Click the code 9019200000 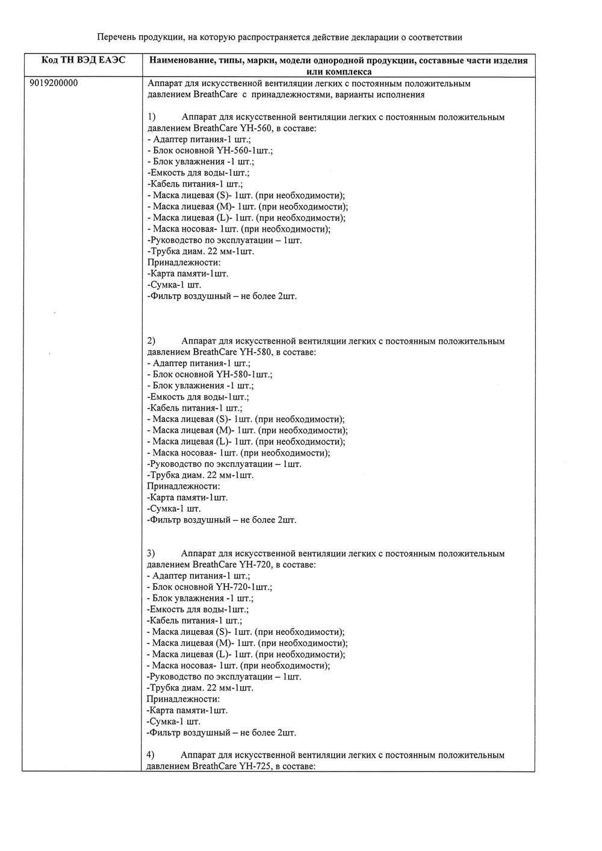[x=53, y=84]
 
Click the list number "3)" [x=151, y=553]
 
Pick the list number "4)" [x=151, y=755]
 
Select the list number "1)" [x=151, y=117]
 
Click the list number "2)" [x=151, y=341]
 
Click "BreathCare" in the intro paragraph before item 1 [x=216, y=94]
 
